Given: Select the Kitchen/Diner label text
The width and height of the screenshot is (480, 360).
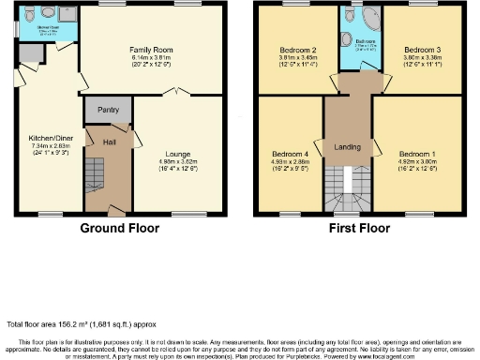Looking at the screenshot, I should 45,138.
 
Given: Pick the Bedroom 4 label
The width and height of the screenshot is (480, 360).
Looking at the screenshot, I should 290,153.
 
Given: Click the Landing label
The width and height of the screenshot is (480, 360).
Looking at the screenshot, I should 348,147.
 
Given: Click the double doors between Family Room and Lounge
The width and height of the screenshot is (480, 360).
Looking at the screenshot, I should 179,93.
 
